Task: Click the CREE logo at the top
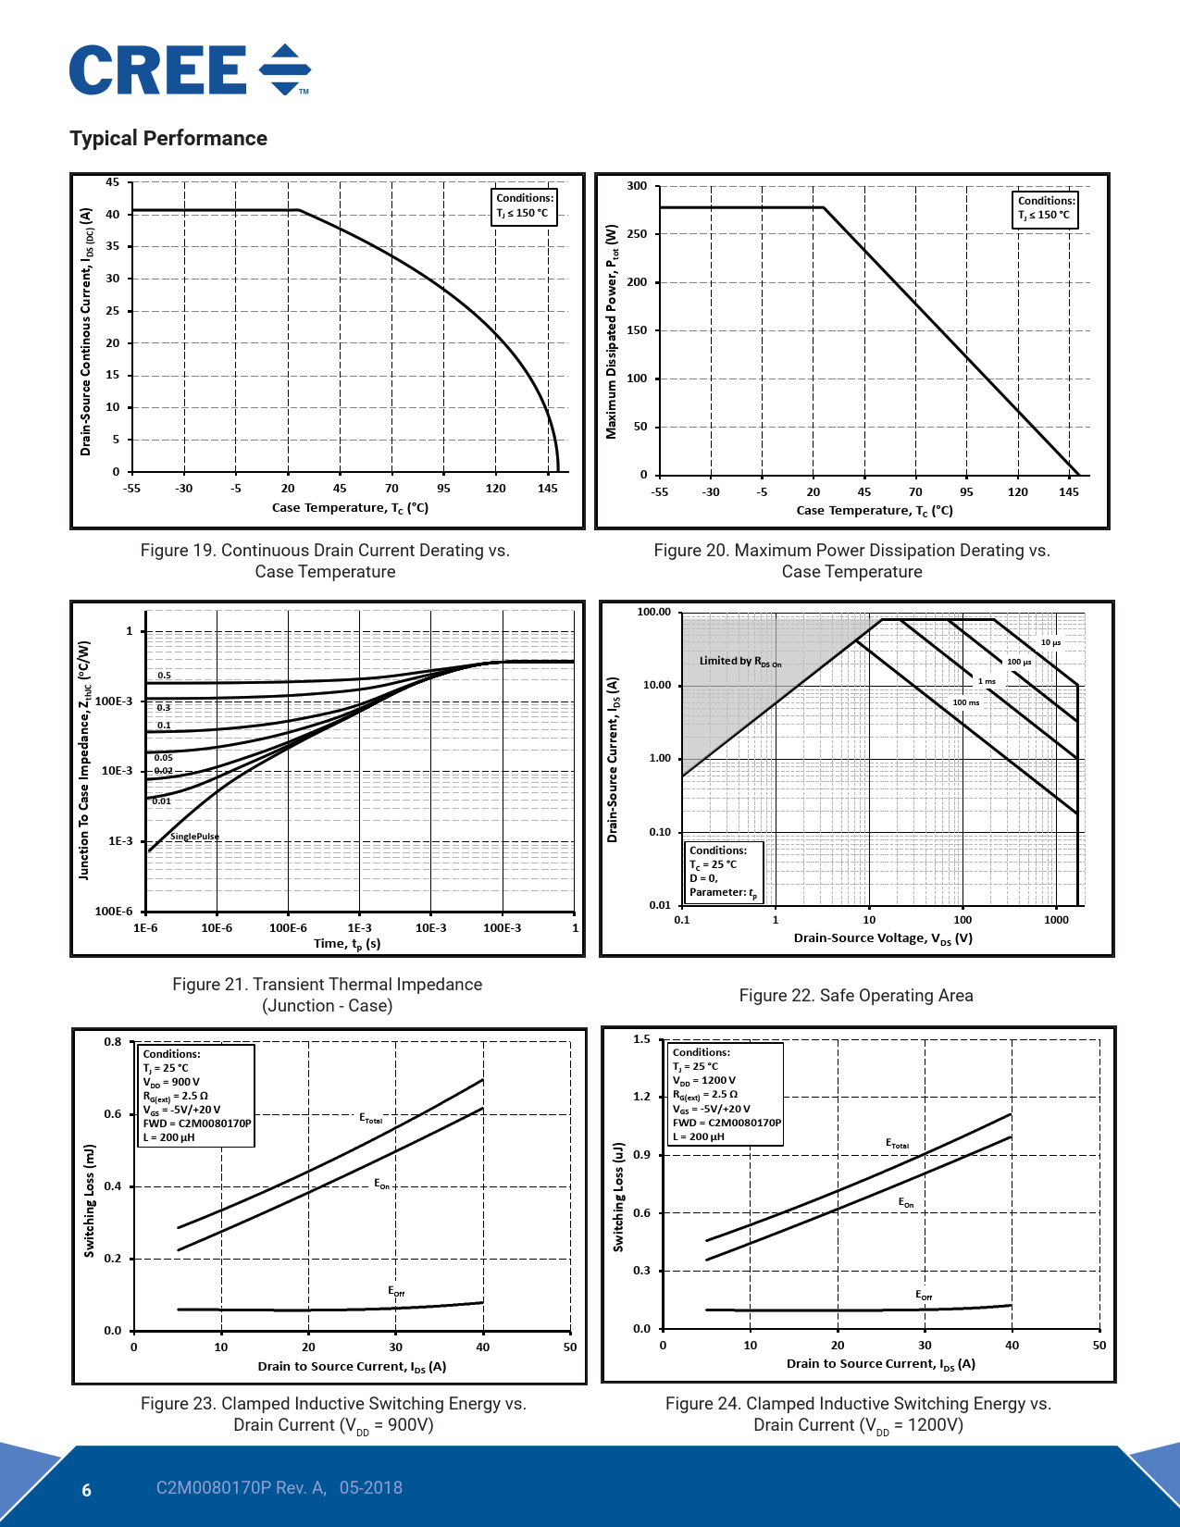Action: click(x=190, y=70)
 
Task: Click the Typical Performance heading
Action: click(x=168, y=139)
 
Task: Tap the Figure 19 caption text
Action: click(x=325, y=561)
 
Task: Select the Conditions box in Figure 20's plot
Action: click(x=1046, y=207)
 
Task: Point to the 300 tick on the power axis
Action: click(x=638, y=186)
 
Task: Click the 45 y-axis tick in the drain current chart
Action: click(x=112, y=182)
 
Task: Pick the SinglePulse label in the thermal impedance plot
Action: click(x=194, y=837)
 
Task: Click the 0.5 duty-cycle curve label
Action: click(x=164, y=676)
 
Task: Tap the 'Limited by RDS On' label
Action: click(x=739, y=662)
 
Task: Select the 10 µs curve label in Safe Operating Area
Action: click(x=1050, y=642)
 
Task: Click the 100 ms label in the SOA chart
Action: click(x=965, y=702)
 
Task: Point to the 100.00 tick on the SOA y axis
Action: click(x=653, y=613)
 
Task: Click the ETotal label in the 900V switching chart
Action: click(x=370, y=1119)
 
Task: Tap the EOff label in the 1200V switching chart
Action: click(x=924, y=1296)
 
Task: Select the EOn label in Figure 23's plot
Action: click(x=381, y=1185)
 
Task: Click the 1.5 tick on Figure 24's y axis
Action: click(x=641, y=1039)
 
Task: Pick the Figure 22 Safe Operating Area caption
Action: click(x=855, y=996)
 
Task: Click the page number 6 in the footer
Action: click(x=87, y=1490)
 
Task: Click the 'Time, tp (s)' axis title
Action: click(x=347, y=944)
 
